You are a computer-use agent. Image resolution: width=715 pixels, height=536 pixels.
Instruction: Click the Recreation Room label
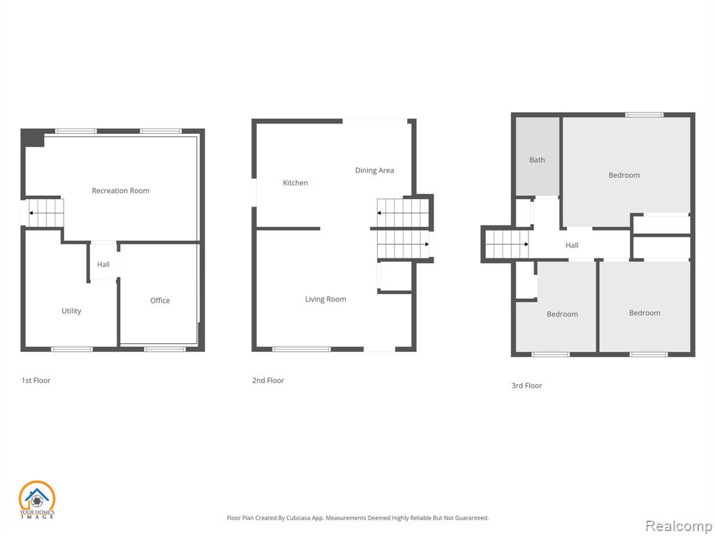click(x=120, y=191)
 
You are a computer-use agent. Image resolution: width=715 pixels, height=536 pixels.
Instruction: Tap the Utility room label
click(x=72, y=311)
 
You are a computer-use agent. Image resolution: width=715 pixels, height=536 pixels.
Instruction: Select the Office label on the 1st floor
click(x=160, y=300)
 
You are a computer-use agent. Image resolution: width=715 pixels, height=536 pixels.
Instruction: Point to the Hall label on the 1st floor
click(x=103, y=265)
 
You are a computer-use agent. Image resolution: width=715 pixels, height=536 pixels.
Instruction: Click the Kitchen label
click(x=295, y=183)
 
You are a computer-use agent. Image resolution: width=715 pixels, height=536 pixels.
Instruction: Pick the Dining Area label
click(x=374, y=170)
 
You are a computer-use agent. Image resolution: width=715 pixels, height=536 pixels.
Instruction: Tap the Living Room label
click(x=325, y=299)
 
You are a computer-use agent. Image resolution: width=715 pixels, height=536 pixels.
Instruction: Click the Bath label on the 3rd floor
click(x=537, y=160)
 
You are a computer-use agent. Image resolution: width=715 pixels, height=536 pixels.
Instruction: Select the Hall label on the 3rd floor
click(x=572, y=245)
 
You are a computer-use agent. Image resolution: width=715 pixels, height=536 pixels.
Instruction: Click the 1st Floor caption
click(x=36, y=380)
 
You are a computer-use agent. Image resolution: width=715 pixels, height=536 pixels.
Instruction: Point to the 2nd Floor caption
click(x=268, y=380)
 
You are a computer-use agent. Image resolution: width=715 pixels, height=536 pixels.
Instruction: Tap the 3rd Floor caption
click(x=526, y=385)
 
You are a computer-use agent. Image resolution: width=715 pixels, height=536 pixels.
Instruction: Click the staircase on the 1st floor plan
click(x=46, y=214)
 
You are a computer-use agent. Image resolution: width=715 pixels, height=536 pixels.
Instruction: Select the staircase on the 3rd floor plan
click(x=507, y=244)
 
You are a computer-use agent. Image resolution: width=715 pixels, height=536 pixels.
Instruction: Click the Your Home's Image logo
click(x=37, y=500)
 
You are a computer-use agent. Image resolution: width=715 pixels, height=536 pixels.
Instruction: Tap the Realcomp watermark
click(x=679, y=526)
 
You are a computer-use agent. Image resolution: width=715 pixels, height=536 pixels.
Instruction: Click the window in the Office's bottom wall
click(x=165, y=349)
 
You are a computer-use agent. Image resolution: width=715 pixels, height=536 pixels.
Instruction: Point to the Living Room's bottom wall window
click(x=302, y=349)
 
